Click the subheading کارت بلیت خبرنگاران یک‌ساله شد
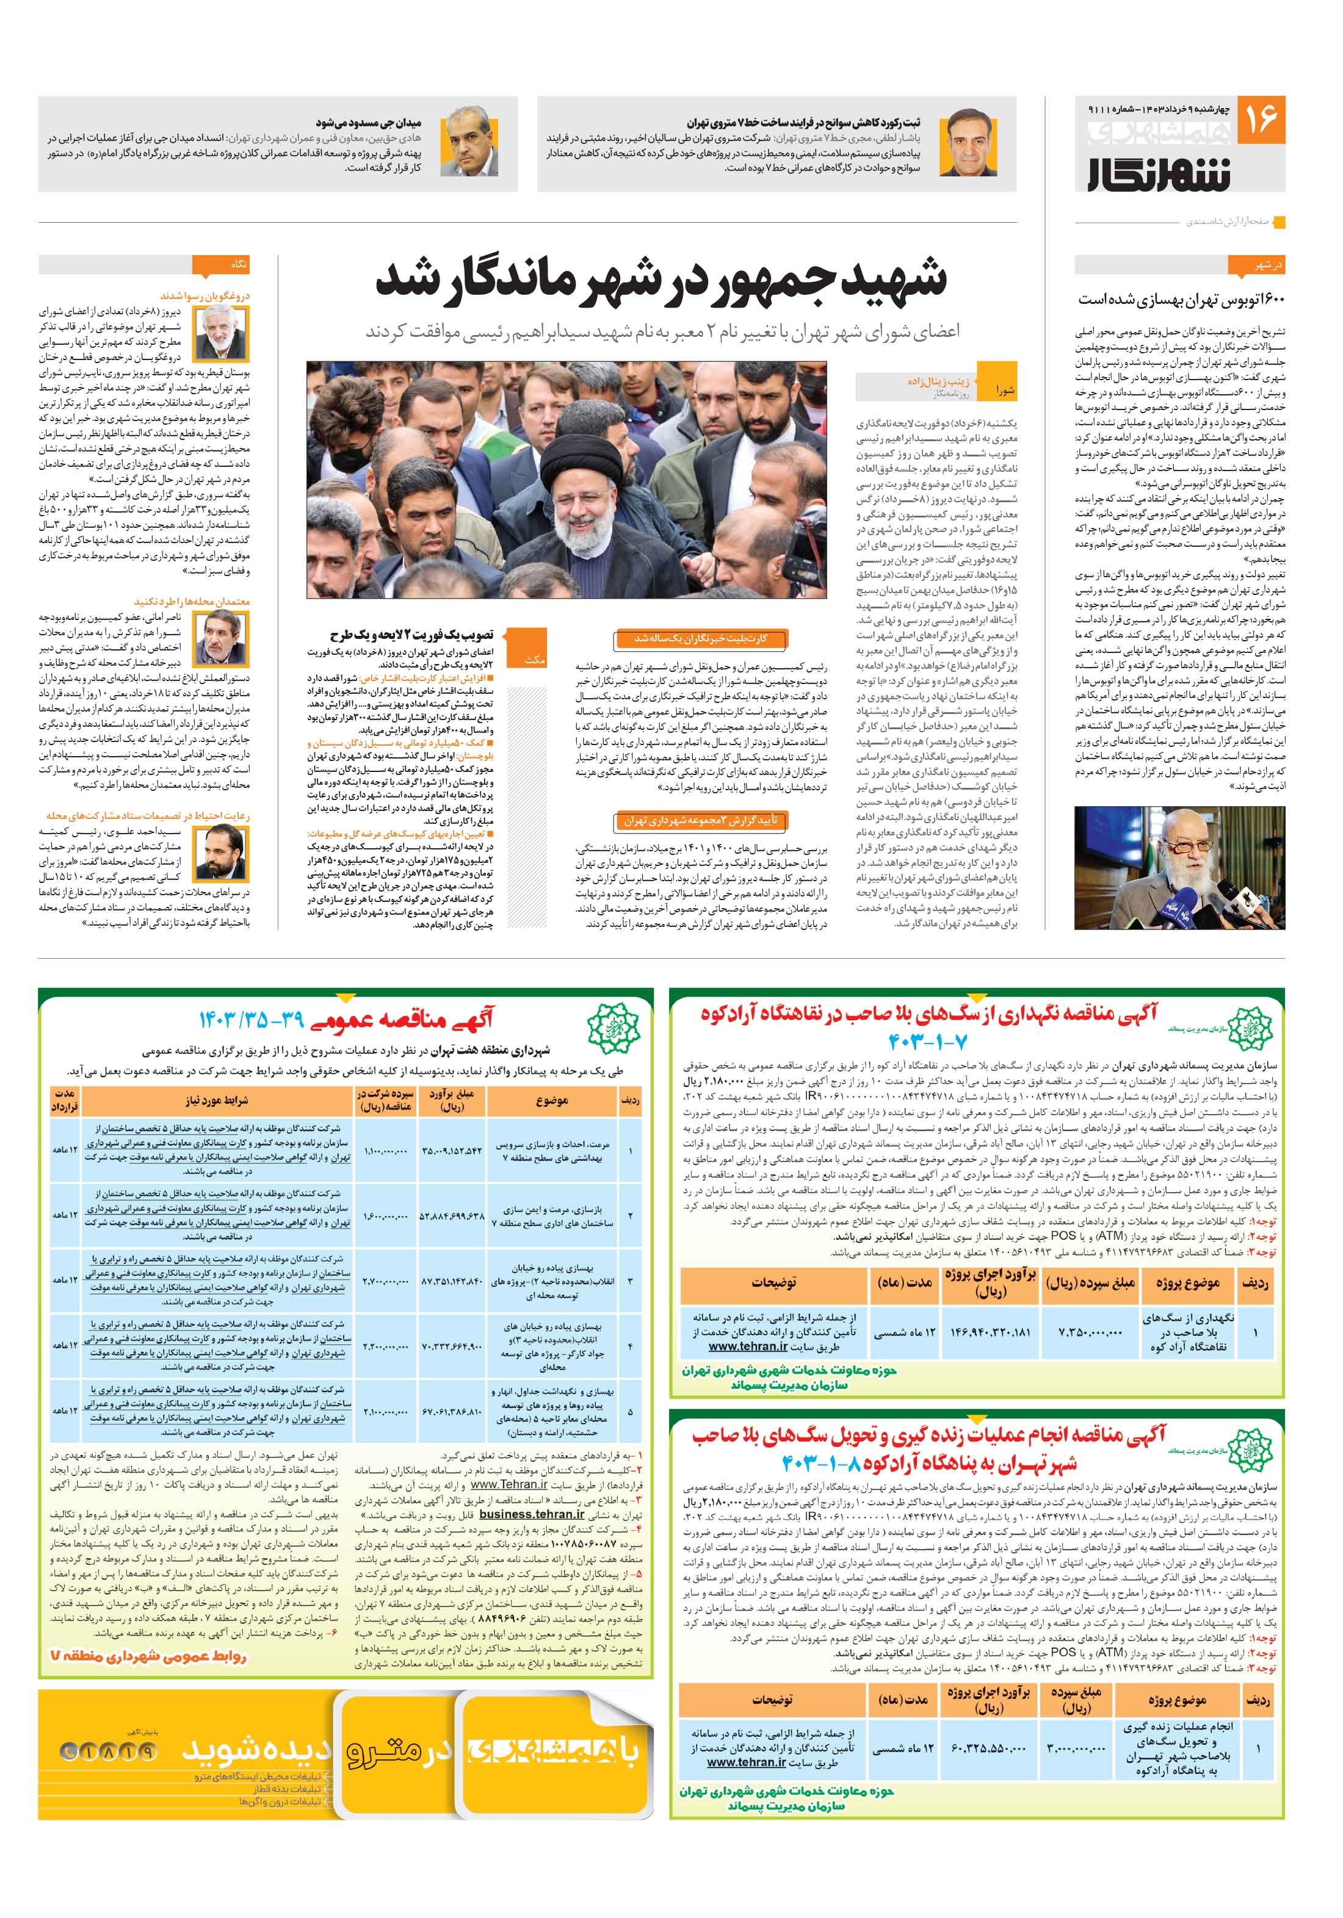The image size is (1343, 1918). click(x=700, y=639)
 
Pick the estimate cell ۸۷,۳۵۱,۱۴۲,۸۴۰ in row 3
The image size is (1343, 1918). click(x=452, y=1281)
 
